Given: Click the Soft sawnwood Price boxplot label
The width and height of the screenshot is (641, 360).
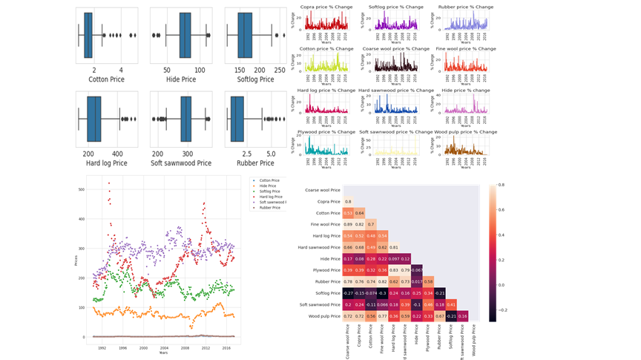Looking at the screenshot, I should coord(181,163).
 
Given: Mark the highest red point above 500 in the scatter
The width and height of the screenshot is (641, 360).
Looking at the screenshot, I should coord(109,183).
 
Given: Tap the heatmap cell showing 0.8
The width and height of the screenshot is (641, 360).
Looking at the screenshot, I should coord(349,201).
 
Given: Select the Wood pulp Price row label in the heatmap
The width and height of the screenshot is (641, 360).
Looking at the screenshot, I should coord(322,316).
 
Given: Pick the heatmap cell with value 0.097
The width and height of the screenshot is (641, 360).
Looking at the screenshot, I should coord(394,258).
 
